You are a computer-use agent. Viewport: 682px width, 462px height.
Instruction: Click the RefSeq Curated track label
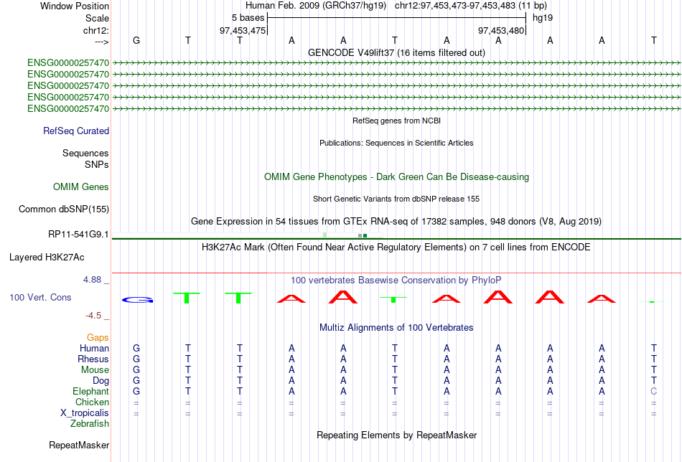76,131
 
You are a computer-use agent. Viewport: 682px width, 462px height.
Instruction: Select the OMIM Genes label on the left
81,187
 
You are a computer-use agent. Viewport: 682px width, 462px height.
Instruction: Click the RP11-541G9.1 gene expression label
78,234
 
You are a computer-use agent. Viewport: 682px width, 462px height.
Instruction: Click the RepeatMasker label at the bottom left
79,445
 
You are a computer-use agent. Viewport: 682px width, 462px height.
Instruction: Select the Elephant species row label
90,392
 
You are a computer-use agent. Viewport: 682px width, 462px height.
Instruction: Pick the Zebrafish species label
90,424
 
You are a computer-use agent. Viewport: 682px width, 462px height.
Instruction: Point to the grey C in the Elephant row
653,392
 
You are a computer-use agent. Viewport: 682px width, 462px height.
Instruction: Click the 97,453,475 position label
243,30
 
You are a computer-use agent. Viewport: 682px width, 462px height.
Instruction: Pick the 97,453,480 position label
501,30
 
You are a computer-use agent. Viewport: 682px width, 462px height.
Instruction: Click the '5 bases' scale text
248,17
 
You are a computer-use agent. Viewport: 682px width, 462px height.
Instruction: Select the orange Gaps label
98,337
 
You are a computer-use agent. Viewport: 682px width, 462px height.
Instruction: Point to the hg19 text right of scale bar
542,17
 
